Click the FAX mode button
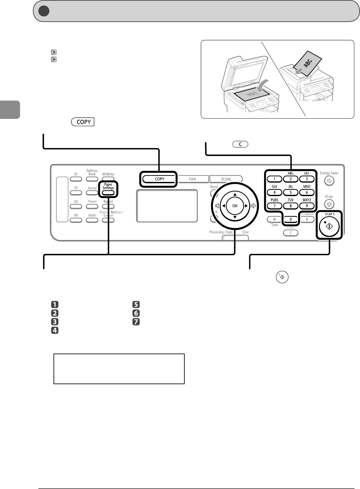tap(192, 179)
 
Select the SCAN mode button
tap(226, 179)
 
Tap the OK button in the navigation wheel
tap(235, 206)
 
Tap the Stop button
tap(329, 204)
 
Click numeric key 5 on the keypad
tap(291, 193)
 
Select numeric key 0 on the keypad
tap(291, 219)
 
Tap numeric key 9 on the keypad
tap(307, 206)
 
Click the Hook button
tap(92, 220)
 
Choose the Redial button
tap(92, 193)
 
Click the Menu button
tap(108, 179)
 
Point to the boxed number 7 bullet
tap(136, 322)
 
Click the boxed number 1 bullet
tap(55, 304)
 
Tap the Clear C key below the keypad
tap(291, 233)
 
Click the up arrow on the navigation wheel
tap(235, 195)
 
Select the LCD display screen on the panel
tap(167, 206)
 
